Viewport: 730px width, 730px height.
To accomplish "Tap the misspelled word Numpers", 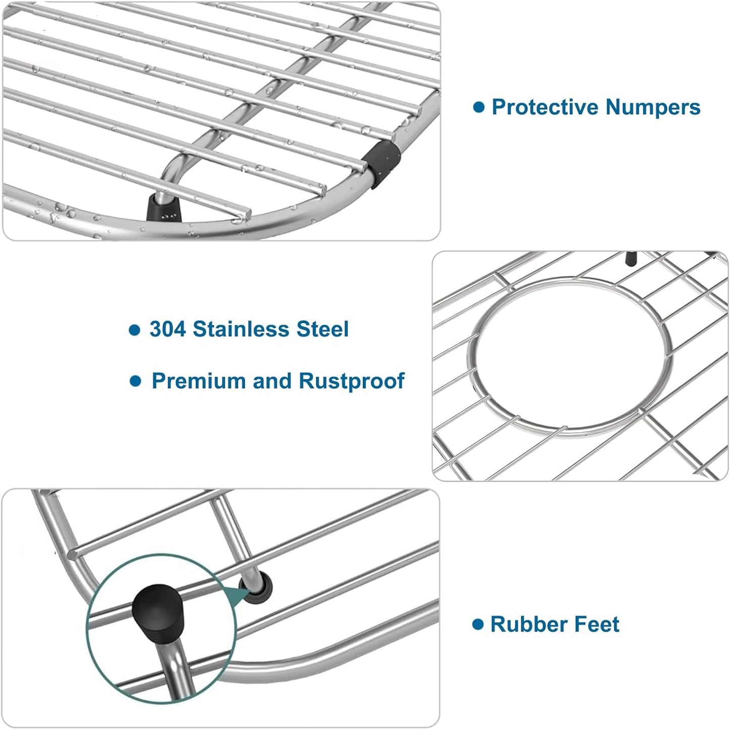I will (653, 108).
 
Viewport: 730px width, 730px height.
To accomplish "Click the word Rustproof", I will (352, 381).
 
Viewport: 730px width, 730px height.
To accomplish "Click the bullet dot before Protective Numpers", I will (478, 107).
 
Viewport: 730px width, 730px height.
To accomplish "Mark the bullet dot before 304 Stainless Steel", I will (134, 330).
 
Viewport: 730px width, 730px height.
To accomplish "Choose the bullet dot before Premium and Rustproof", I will (135, 381).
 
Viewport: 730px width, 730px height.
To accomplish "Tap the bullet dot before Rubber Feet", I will (477, 624).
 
